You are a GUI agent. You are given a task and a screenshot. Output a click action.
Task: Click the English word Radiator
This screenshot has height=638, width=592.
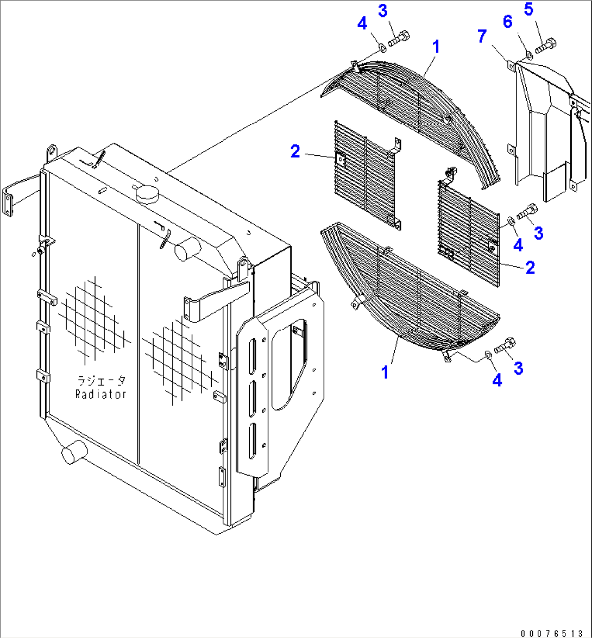tap(101, 395)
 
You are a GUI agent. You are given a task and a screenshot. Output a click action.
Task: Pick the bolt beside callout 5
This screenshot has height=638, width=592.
tap(544, 46)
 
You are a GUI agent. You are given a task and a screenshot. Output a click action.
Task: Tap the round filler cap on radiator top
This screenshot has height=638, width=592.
tap(146, 192)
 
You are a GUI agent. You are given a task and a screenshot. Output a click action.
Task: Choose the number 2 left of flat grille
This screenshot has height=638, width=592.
tap(295, 151)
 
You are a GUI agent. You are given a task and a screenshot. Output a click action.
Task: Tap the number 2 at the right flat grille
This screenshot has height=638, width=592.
tap(530, 267)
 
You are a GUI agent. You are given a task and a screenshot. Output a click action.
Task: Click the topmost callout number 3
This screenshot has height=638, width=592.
tap(398, 11)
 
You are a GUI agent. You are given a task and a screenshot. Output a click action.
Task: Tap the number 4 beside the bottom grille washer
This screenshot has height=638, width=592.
tap(497, 381)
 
